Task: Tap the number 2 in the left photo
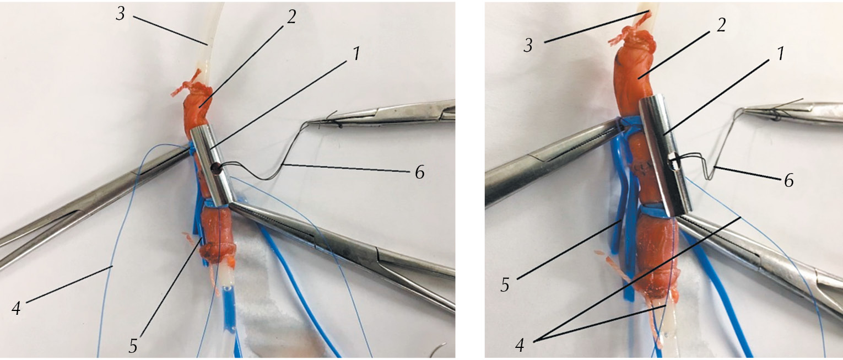click(291, 17)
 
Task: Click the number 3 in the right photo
click(528, 46)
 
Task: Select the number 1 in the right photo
click(781, 53)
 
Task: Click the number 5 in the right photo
click(505, 285)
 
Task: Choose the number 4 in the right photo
click(520, 345)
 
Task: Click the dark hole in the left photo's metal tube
click(216, 169)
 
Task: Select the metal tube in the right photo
click(666, 155)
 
